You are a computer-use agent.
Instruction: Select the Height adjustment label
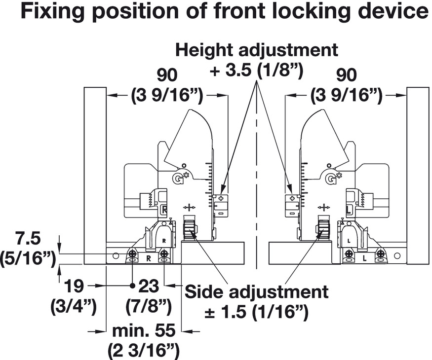[257, 50]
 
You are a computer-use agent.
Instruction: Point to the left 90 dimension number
[167, 75]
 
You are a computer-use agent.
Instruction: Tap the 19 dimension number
[73, 286]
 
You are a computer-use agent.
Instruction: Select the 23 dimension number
[150, 286]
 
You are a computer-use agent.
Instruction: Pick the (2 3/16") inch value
[143, 350]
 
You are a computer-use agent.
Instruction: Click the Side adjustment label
[256, 291]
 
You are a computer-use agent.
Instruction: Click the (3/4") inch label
[73, 306]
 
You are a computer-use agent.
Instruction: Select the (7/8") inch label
[150, 306]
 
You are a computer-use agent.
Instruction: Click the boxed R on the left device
[165, 211]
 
